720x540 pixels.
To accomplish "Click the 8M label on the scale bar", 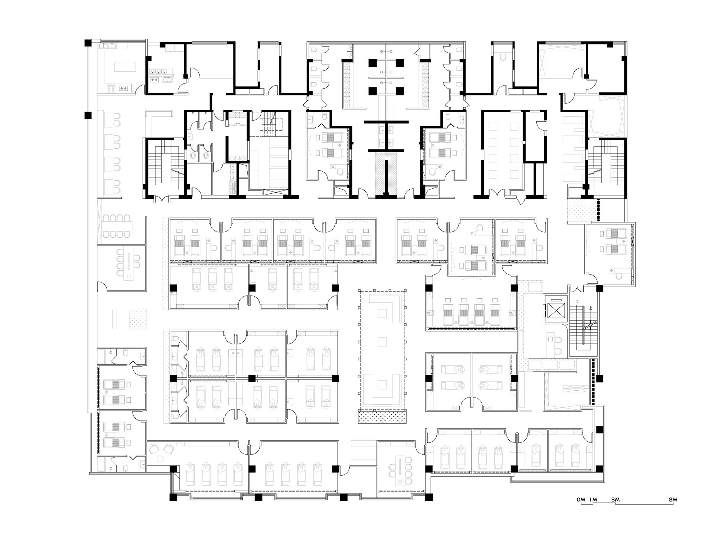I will click(x=673, y=500).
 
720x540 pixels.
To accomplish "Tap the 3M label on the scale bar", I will click(x=615, y=500).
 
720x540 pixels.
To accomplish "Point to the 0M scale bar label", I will click(x=581, y=500).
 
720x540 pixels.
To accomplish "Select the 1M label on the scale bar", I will click(x=593, y=500).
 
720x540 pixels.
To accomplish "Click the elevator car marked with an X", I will click(x=555, y=310).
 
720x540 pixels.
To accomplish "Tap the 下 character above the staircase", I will click(x=578, y=302).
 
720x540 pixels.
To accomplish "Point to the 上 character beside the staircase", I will click(x=590, y=308).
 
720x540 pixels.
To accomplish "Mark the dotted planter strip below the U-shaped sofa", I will click(x=383, y=417).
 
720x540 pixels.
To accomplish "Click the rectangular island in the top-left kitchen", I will click(x=125, y=67).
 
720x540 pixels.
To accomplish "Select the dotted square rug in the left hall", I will click(x=138, y=319).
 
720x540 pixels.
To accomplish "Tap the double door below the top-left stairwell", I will click(x=161, y=198).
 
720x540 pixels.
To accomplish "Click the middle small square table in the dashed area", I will click(x=383, y=341).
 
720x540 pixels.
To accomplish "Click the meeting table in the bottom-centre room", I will click(x=400, y=470).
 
